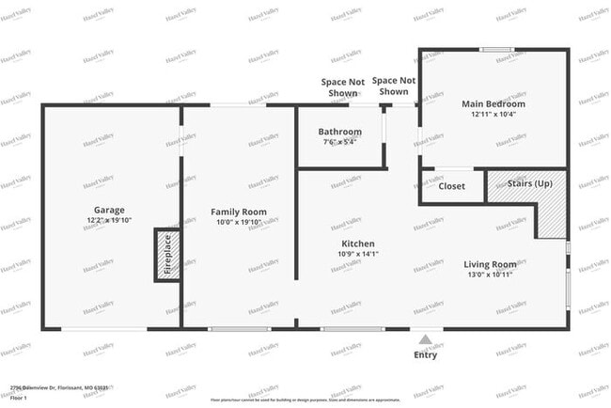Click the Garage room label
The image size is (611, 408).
click(109, 210)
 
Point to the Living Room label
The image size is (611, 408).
click(491, 264)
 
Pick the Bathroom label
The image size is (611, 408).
click(339, 132)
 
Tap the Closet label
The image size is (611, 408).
click(451, 186)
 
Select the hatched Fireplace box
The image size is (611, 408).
click(166, 254)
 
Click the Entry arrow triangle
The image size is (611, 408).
click(426, 339)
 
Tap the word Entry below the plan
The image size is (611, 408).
click(426, 355)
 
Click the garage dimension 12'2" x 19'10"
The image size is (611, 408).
click(109, 221)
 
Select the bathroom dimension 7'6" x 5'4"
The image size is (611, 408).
click(339, 143)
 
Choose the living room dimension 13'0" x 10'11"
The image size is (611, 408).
click(491, 275)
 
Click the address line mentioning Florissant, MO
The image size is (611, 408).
click(59, 387)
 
